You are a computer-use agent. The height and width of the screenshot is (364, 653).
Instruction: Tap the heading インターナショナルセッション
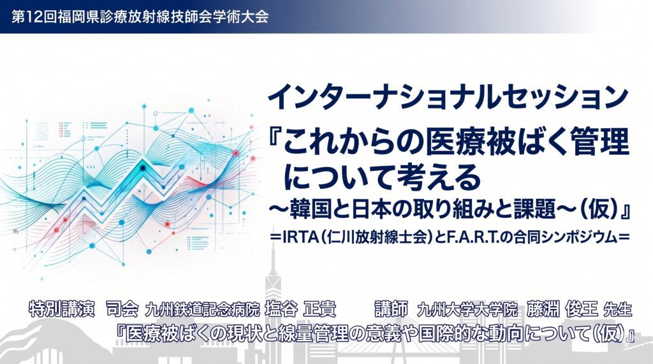[448, 97]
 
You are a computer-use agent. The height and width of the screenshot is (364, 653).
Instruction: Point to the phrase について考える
[382, 177]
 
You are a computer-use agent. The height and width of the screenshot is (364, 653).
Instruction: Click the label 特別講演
[62, 309]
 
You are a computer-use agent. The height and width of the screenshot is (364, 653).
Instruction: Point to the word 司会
[122, 309]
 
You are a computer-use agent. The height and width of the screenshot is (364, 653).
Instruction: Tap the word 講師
[391, 309]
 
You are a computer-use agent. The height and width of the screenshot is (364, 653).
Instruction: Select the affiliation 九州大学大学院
[467, 309]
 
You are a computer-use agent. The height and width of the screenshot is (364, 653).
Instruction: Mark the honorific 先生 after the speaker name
[617, 309]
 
